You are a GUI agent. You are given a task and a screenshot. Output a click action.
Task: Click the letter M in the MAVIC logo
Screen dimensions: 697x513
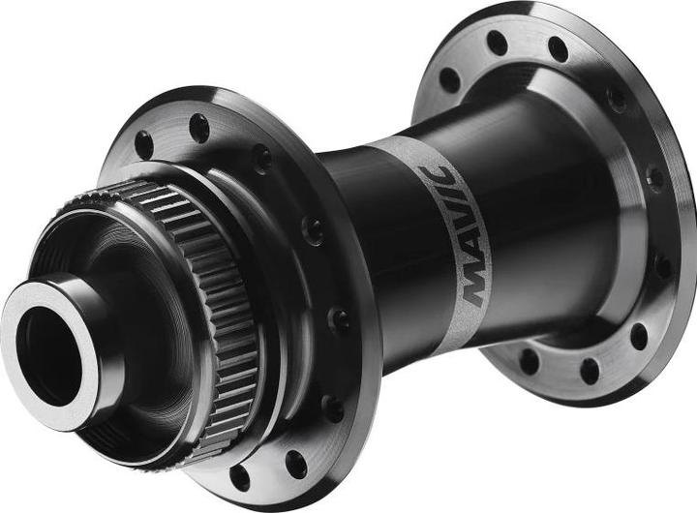click(475, 284)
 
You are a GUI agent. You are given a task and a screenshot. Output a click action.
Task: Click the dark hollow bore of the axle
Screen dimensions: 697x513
click(49, 356)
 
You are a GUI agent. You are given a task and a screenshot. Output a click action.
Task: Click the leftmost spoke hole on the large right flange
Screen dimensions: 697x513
click(450, 81)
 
